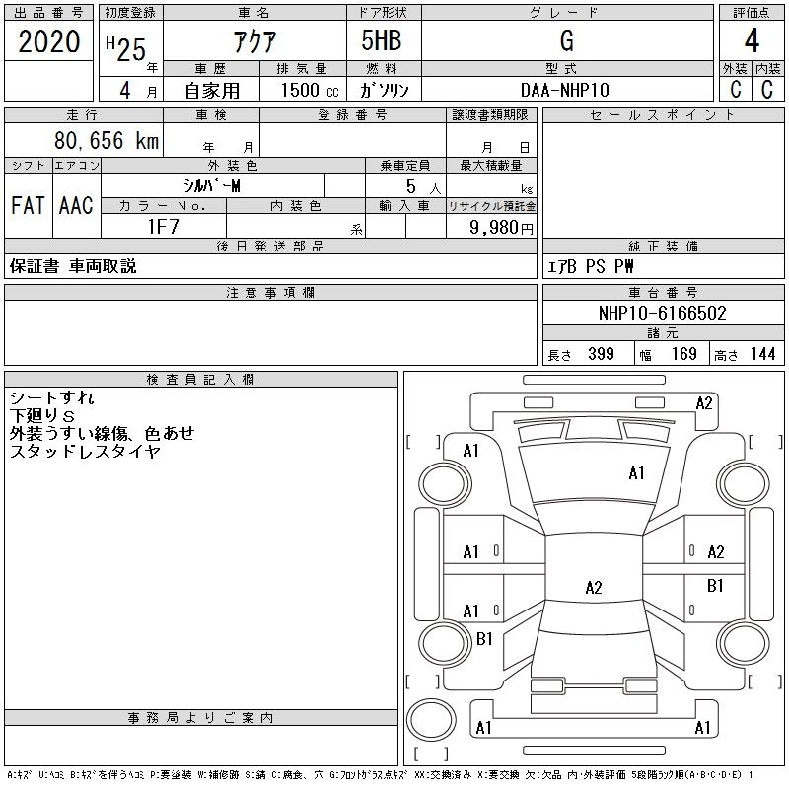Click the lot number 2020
(49, 40)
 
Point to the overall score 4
(752, 40)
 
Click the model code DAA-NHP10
(565, 89)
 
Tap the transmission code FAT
(28, 206)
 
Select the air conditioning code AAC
(76, 206)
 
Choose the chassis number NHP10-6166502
(662, 314)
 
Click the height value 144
(761, 354)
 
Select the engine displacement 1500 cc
(302, 89)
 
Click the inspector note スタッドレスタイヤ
(85, 451)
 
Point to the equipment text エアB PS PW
(591, 267)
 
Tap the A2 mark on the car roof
(593, 588)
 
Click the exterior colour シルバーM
(212, 185)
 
